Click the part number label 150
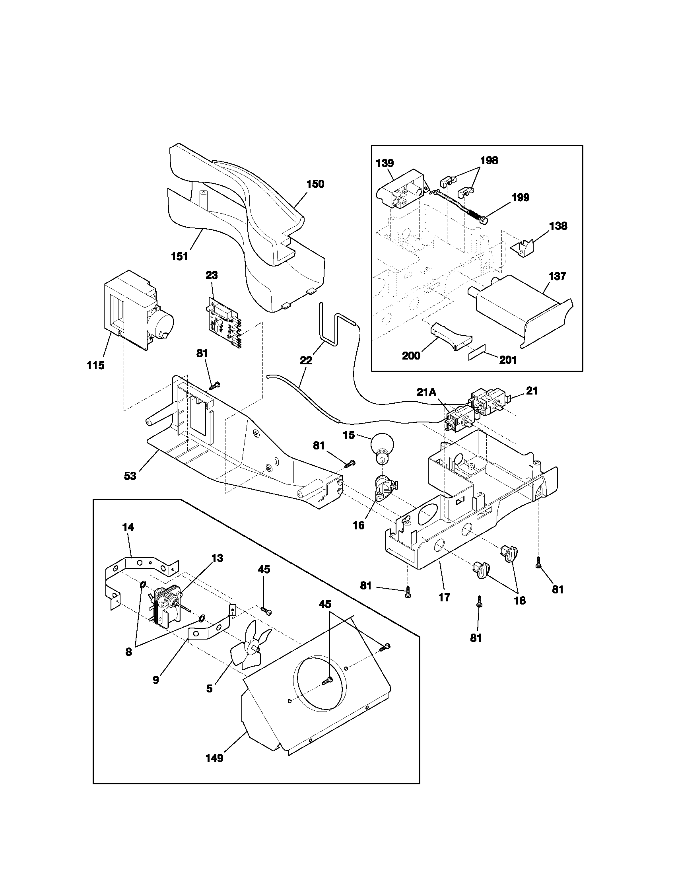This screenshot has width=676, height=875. tap(315, 184)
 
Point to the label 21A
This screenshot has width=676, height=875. tap(426, 392)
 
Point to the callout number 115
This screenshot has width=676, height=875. tap(96, 365)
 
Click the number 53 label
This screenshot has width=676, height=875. tap(130, 476)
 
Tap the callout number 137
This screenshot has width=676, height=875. tap(557, 276)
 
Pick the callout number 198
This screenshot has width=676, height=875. tap(489, 160)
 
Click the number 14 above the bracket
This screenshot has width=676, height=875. tap(128, 527)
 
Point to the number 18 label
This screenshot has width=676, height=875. tap(520, 612)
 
